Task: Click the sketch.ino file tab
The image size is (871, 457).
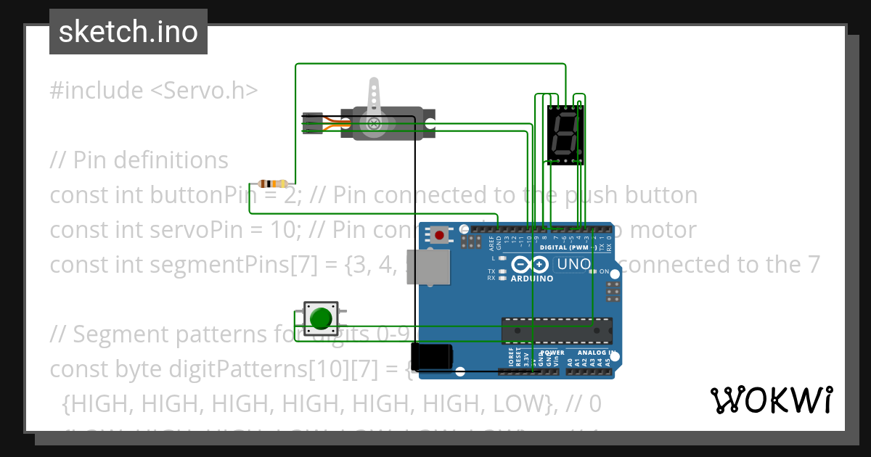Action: pos(128,32)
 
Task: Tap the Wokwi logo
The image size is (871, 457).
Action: pos(771,400)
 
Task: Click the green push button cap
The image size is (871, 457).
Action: pos(320,318)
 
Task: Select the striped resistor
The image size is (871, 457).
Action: pos(273,184)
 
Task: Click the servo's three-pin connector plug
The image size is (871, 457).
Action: pos(313,123)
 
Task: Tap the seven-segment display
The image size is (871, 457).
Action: pos(565,135)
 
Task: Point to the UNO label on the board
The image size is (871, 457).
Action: pos(573,265)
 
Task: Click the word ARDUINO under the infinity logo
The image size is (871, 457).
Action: pos(531,279)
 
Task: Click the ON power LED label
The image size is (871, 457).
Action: pos(603,271)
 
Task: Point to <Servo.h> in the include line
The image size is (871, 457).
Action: pos(204,91)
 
